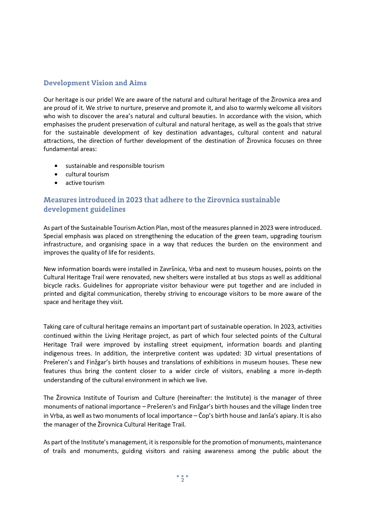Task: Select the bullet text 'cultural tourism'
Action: tap(87, 174)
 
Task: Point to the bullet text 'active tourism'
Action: tap(85, 183)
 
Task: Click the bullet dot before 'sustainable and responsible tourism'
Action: tap(56, 166)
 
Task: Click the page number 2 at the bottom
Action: tap(182, 480)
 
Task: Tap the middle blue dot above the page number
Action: tap(182, 476)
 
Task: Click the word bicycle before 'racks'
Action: tap(53, 285)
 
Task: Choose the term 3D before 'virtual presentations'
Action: tap(248, 353)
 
